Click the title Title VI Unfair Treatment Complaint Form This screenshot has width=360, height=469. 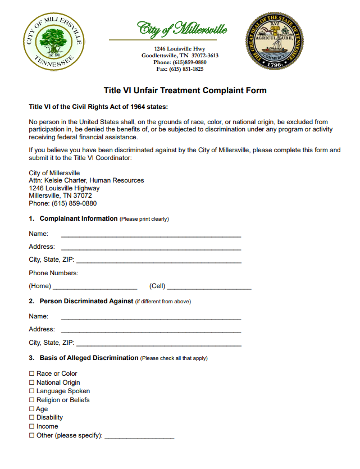(185, 90)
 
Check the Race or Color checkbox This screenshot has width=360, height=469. (31, 374)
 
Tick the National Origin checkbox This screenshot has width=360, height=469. (31, 383)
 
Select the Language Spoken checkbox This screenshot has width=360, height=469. (31, 391)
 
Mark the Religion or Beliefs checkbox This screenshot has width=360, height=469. (31, 400)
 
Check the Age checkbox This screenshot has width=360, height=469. (31, 409)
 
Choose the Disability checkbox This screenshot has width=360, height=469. (31, 417)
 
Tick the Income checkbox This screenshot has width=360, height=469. (31, 426)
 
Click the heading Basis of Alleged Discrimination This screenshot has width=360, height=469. (89, 358)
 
